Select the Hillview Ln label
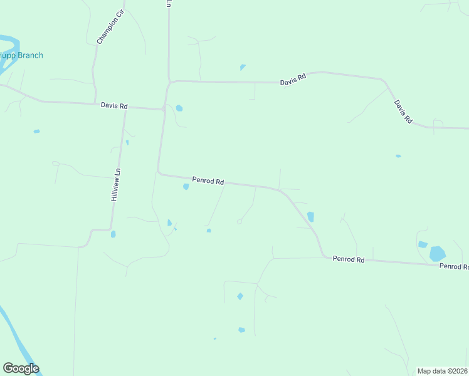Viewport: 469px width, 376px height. coord(115,184)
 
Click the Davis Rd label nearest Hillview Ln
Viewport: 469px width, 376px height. coord(114,106)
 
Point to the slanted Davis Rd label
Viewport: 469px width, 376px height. coord(403,111)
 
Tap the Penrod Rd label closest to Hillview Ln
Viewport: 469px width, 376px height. coord(208,180)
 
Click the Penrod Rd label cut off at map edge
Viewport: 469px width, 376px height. coord(453,266)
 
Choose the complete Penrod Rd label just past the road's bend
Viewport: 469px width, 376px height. coord(349,259)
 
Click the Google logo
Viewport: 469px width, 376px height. coord(21,368)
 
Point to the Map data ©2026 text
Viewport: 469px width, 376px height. coord(443,371)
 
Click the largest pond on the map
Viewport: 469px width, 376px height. coord(438,254)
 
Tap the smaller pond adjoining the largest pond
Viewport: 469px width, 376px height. coord(423,244)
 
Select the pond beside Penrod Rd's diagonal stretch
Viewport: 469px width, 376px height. coord(311,217)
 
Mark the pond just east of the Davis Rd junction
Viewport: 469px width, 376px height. coord(180,108)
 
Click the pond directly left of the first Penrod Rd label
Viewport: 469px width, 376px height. coord(186,187)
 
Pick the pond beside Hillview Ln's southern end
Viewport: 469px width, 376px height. coord(113,234)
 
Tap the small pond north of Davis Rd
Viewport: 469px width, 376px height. coord(243,67)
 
